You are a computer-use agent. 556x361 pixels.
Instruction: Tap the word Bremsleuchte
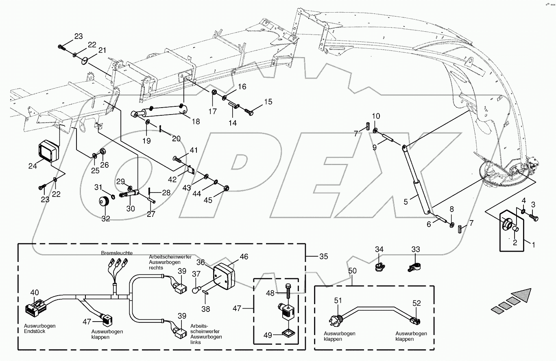(x=117, y=253)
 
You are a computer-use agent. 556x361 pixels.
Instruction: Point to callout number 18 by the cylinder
(x=196, y=121)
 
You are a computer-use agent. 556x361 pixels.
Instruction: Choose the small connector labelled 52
(x=415, y=321)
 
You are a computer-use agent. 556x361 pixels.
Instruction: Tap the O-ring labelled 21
(x=85, y=61)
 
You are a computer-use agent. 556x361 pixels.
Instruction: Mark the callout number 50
(x=352, y=270)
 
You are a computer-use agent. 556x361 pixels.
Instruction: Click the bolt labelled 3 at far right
(x=534, y=218)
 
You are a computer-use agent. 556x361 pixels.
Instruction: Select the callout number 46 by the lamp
(x=244, y=257)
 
